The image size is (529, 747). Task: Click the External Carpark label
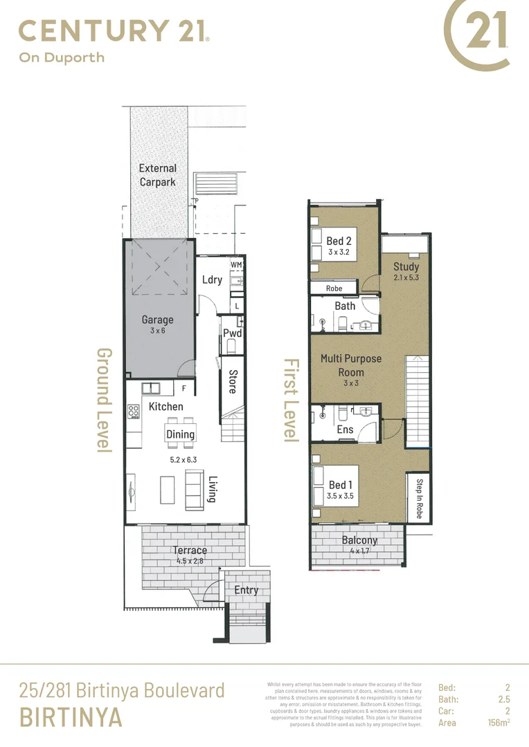[x=158, y=175]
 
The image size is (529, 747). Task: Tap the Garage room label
[x=158, y=320]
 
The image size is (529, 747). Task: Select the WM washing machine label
[x=236, y=265]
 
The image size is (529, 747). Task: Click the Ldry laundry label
[x=212, y=279]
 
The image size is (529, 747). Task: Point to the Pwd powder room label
[x=231, y=333]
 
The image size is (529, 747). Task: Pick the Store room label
[x=233, y=382]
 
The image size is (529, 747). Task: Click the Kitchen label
[x=166, y=407]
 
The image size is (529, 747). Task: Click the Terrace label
[x=190, y=551]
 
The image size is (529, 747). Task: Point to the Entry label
[x=246, y=590]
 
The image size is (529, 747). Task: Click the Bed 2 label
[x=339, y=241]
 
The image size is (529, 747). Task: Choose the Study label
[x=406, y=266]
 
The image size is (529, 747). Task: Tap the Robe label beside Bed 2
[x=334, y=288]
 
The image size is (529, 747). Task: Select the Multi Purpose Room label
[x=351, y=365]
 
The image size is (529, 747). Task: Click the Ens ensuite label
[x=345, y=430]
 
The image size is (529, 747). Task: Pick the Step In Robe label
[x=419, y=499]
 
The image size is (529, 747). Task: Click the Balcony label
[x=359, y=540]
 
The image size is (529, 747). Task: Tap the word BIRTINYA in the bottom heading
[x=71, y=718]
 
